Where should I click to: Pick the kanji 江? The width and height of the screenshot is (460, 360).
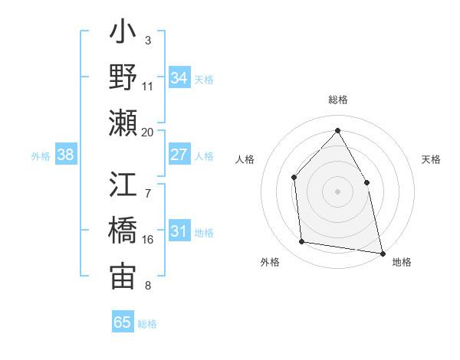pyautogui.click(x=123, y=185)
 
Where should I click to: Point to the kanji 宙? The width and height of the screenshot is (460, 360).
pyautogui.click(x=123, y=276)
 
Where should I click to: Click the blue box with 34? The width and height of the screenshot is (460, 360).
pyautogui.click(x=179, y=77)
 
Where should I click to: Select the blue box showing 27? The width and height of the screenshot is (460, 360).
pyautogui.click(x=179, y=155)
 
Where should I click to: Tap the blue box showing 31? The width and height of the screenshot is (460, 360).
pyautogui.click(x=179, y=231)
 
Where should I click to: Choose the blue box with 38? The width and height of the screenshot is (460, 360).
pyautogui.click(x=66, y=155)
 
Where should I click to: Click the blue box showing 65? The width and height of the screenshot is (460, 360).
pyautogui.click(x=122, y=322)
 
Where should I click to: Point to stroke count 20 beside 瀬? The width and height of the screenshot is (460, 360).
pyautogui.click(x=147, y=132)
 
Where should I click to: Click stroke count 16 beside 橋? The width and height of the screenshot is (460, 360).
pyautogui.click(x=147, y=239)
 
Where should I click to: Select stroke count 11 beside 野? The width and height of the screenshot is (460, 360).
pyautogui.click(x=147, y=86)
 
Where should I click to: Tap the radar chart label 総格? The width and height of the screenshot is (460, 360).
pyautogui.click(x=337, y=100)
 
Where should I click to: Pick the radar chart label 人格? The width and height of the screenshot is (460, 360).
pyautogui.click(x=245, y=159)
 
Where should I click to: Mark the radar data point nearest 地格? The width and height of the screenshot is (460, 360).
pyautogui.click(x=382, y=252)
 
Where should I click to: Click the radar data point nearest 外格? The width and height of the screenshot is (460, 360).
pyautogui.click(x=302, y=242)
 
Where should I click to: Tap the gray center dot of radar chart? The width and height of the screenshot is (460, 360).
pyautogui.click(x=337, y=191)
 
